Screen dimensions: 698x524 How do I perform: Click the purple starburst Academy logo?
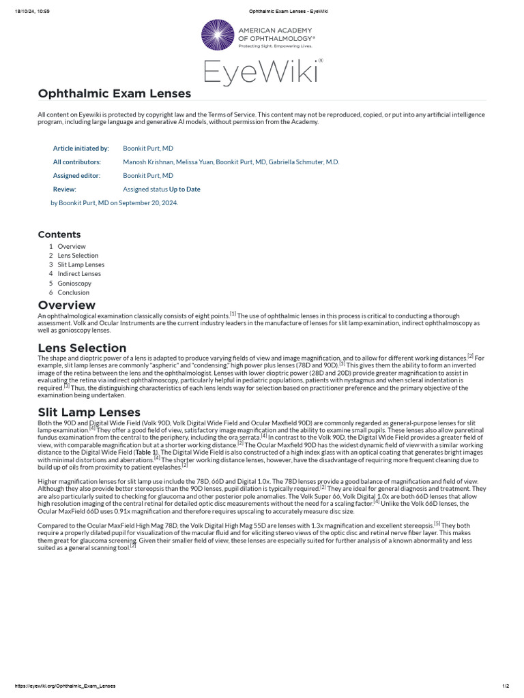(217, 35)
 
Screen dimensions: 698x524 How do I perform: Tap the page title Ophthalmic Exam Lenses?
(115, 93)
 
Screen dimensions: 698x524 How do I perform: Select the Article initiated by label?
(81, 148)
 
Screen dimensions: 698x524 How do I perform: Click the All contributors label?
(77, 162)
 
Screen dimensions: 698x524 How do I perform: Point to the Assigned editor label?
(76, 176)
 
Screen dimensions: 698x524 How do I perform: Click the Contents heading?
(59, 234)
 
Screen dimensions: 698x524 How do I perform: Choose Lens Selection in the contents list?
(78, 256)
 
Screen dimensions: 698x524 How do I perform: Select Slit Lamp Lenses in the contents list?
(81, 264)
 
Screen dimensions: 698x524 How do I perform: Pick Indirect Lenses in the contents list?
(79, 274)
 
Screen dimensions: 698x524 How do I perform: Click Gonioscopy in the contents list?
(74, 284)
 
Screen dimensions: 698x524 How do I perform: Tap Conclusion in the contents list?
(74, 292)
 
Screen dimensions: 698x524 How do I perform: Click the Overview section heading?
(67, 305)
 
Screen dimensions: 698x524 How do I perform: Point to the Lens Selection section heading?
(82, 348)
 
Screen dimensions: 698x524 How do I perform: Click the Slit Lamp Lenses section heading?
(89, 412)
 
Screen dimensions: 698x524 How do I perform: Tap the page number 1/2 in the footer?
(505, 686)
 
